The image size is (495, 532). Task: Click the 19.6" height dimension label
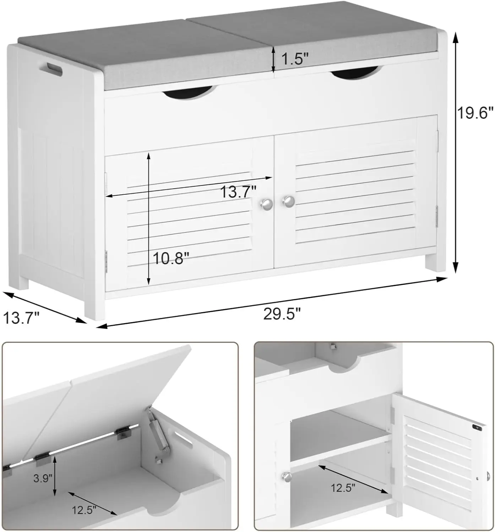click(x=475, y=113)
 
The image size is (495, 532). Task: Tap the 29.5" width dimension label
click(x=282, y=314)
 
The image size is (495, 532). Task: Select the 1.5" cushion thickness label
click(x=294, y=59)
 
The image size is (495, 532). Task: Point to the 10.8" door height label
click(x=168, y=258)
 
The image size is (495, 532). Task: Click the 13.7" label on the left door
click(x=238, y=192)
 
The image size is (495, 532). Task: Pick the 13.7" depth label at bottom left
click(x=21, y=317)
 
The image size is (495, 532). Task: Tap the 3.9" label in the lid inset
click(x=43, y=478)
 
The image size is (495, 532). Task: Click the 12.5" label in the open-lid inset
click(x=84, y=511)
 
